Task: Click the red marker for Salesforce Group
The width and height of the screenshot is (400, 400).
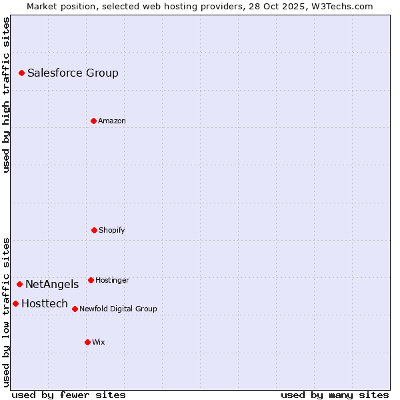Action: coord(21,73)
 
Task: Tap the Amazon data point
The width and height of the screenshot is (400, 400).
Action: coord(93,121)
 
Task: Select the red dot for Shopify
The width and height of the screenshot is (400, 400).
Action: coord(94,230)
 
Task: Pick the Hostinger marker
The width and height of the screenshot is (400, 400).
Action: coord(91,280)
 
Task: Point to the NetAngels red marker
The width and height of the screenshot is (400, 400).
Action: coord(19,284)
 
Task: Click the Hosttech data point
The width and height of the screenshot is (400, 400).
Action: coord(15,303)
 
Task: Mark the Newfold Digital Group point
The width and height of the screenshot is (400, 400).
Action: coord(75,309)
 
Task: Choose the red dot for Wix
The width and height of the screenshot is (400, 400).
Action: coord(87,342)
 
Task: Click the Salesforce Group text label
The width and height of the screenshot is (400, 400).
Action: coord(73,73)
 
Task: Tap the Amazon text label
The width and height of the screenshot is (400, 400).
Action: coord(112,121)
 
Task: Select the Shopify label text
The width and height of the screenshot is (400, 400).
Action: coord(112,230)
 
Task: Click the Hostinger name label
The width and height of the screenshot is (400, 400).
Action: coord(112,280)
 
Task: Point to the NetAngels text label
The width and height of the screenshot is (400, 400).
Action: coord(52,284)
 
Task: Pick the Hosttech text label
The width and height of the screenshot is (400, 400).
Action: coord(45,303)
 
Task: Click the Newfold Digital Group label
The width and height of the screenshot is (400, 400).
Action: coord(118,309)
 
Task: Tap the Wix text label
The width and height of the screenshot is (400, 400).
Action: coord(99,342)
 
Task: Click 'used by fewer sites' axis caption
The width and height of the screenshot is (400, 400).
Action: coord(69,395)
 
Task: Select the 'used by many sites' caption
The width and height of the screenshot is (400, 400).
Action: coord(335,395)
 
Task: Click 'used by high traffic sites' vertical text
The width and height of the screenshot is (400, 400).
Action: coord(6,95)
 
